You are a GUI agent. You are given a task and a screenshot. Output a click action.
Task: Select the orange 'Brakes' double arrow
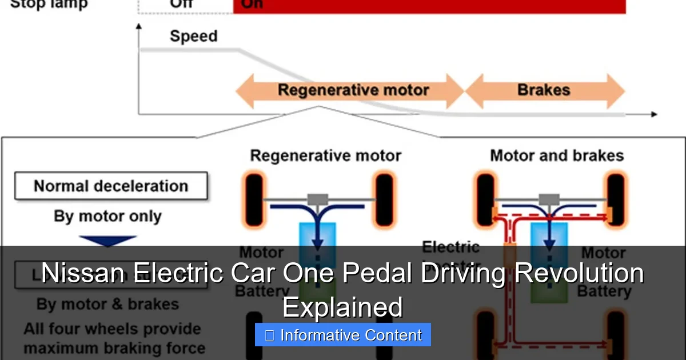(544, 90)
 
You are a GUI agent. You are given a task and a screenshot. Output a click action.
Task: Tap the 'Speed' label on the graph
(193, 36)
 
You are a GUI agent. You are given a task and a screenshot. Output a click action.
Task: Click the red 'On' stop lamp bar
(429, 6)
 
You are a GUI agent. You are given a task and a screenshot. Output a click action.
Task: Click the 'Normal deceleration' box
(111, 186)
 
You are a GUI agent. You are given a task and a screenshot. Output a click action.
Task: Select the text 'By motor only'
(107, 217)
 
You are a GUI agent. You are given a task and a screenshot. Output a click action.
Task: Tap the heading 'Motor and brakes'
(556, 155)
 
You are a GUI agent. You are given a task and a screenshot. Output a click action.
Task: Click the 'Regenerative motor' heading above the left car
(326, 155)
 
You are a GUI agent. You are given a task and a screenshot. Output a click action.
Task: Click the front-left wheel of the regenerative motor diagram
(254, 201)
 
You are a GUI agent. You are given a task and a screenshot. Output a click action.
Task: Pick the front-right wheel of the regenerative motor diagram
(384, 201)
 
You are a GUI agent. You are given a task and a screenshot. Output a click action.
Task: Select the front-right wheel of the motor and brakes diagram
(616, 201)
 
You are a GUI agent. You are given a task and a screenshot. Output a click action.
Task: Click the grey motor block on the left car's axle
(317, 199)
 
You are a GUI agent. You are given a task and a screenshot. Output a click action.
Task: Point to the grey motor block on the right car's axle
(549, 199)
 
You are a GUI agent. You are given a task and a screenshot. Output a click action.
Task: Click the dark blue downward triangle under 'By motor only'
(107, 241)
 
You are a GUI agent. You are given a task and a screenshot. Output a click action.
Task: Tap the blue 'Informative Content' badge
(342, 335)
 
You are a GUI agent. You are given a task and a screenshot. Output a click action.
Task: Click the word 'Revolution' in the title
(578, 273)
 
